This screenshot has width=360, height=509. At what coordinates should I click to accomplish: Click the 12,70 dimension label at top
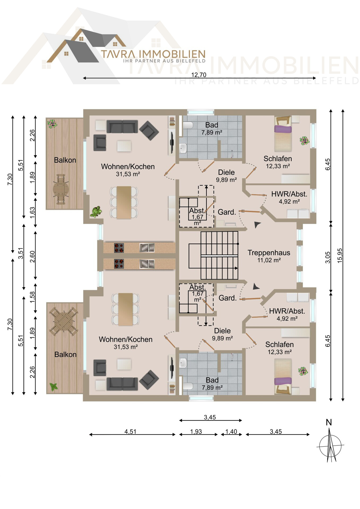(199, 75)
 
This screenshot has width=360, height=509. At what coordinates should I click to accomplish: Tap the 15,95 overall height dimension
(340, 255)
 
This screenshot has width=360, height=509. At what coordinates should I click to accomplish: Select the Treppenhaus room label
(269, 253)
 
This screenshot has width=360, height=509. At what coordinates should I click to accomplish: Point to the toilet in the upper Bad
(188, 125)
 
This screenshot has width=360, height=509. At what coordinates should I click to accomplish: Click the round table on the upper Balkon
(61, 189)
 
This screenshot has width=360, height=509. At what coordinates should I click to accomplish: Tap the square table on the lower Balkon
(64, 321)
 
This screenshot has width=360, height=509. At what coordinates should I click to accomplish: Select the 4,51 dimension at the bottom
(130, 432)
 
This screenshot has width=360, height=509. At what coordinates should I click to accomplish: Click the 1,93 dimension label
(196, 432)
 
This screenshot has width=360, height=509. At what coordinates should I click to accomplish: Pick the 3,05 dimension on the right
(328, 257)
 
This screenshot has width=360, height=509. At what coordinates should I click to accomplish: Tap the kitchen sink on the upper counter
(147, 248)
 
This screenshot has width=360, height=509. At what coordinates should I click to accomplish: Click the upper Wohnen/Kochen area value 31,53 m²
(128, 174)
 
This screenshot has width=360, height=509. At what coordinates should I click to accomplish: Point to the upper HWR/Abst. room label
(289, 194)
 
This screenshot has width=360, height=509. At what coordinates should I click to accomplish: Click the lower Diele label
(222, 331)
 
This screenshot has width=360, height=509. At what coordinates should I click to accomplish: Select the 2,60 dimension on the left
(32, 257)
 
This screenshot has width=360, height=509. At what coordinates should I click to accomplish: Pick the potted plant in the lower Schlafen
(303, 371)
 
